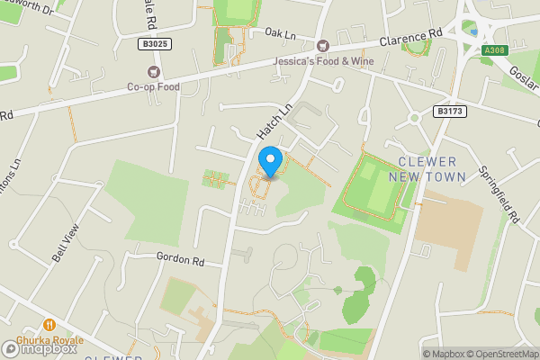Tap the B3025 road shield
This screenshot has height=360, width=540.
point(155,43)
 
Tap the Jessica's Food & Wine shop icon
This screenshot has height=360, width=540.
point(322,46)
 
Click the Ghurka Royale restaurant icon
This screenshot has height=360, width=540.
point(49,325)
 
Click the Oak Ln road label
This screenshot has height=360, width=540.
point(280,33)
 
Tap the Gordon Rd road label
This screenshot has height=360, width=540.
point(181,259)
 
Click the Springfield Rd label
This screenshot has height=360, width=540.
point(511,193)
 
